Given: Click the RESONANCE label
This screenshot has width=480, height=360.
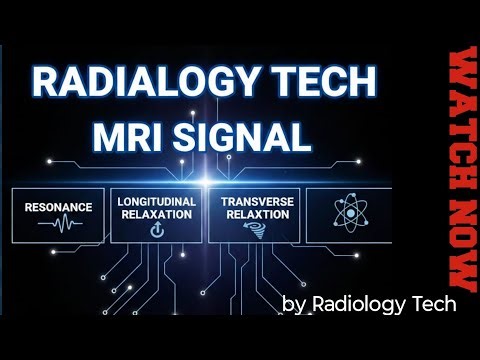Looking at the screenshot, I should coord(60,207).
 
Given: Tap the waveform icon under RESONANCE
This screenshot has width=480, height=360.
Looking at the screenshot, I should coord(60,225).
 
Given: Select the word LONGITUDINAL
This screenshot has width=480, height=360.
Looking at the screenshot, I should coord(155,200).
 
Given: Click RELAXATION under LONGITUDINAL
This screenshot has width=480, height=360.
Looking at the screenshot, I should coord(155,213).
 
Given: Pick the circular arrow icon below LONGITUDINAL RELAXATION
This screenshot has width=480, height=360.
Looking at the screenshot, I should coord(155,230).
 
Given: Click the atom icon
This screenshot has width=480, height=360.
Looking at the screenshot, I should coord(349,213).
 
